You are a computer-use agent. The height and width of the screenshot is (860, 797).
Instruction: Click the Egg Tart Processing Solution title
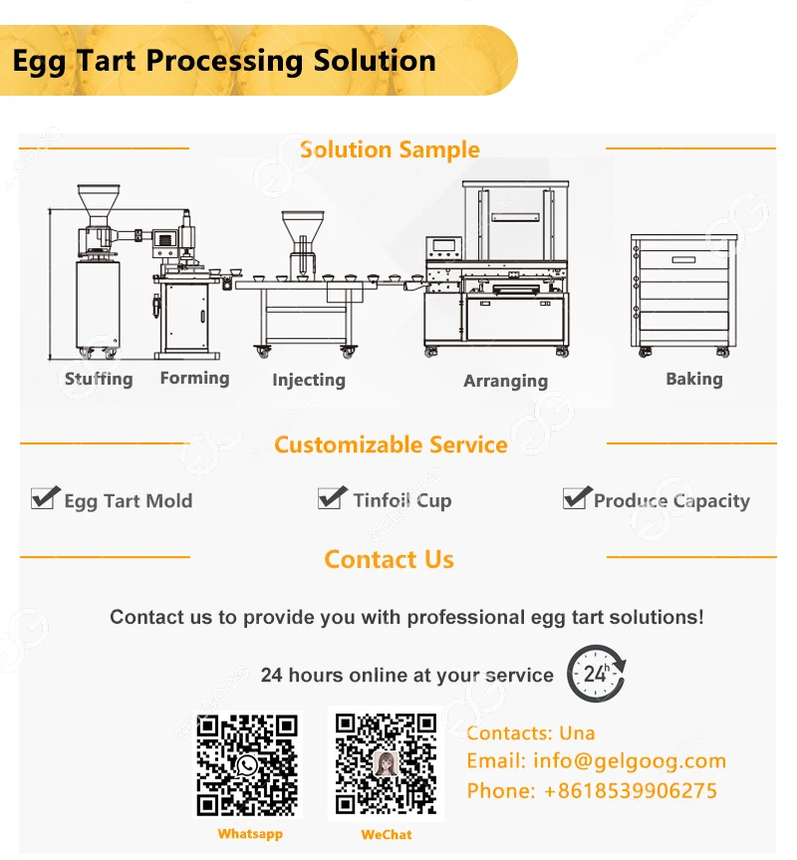pyautogui.click(x=224, y=60)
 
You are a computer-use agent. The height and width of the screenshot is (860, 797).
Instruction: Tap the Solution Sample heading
pyautogui.click(x=390, y=150)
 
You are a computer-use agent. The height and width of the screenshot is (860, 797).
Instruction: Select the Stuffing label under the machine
pyautogui.click(x=99, y=379)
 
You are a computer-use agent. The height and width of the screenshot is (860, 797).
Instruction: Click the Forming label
pyautogui.click(x=194, y=378)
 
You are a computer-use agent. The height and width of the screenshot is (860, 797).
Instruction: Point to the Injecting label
pyautogui.click(x=309, y=380)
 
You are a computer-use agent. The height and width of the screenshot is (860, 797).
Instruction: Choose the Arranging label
pyautogui.click(x=505, y=381)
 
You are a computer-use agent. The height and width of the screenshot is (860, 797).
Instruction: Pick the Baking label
pyautogui.click(x=694, y=379)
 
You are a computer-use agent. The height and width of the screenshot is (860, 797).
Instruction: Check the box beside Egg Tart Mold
pyautogui.click(x=44, y=497)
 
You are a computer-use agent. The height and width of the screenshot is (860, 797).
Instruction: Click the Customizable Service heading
pyautogui.click(x=391, y=444)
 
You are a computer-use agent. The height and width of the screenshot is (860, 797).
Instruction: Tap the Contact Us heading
pyautogui.click(x=390, y=560)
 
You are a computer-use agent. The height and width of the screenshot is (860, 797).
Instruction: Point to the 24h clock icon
pyautogui.click(x=596, y=674)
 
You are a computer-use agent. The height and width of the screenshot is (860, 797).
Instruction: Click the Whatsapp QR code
pyautogui.click(x=247, y=765)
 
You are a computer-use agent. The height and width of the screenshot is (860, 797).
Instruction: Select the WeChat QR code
pyautogui.click(x=387, y=764)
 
